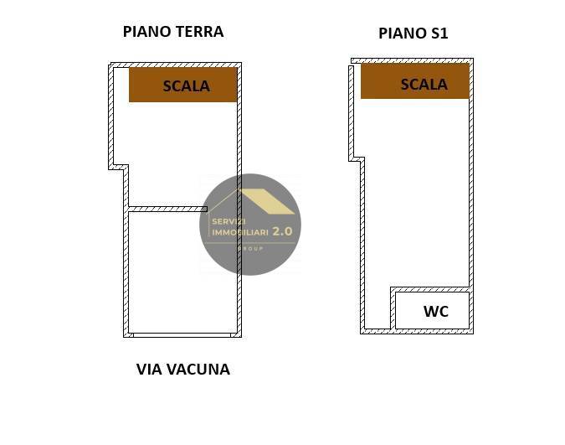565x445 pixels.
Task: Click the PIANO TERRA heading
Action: (173, 32)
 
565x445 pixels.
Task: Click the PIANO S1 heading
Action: (413, 34)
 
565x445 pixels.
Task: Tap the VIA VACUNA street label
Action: (182, 370)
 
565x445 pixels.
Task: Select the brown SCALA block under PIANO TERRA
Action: (182, 85)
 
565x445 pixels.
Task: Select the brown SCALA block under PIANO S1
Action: (414, 81)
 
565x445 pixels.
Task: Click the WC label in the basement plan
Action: (435, 312)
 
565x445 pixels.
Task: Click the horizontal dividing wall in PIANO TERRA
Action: (167, 209)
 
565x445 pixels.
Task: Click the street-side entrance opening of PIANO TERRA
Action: (182, 334)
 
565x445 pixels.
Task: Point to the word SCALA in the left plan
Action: (186, 85)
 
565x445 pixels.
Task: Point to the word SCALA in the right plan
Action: (424, 85)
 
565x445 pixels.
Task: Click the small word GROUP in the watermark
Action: (251, 249)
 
